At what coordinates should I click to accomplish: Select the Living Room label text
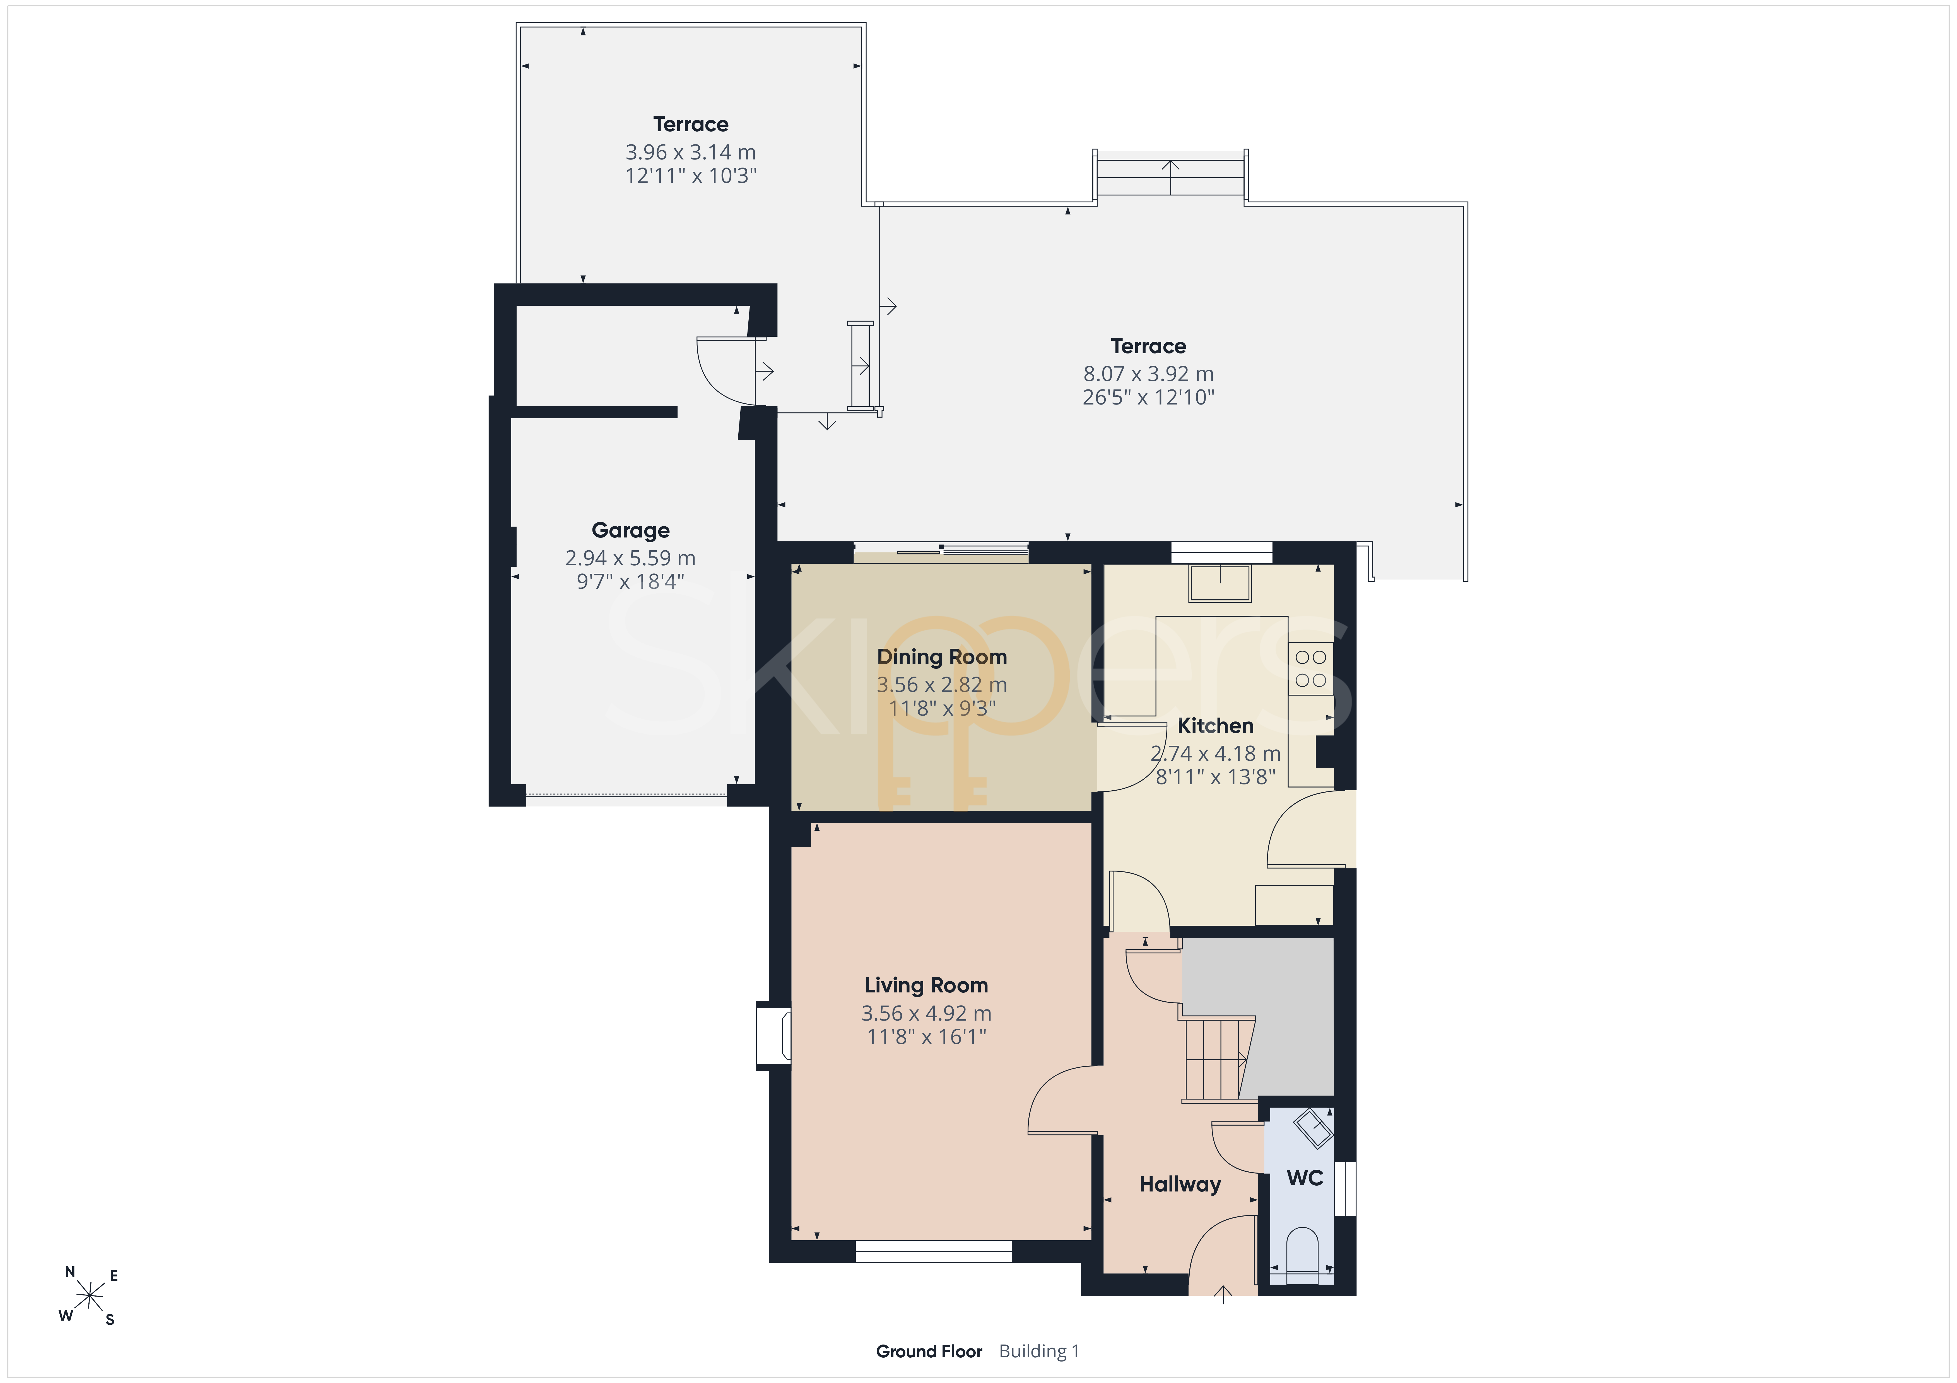click(927, 985)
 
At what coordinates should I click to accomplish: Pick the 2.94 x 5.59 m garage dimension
click(631, 558)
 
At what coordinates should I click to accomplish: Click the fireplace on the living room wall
click(774, 1035)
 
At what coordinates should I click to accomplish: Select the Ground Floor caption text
click(929, 1351)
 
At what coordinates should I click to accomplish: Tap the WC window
click(1345, 1188)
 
